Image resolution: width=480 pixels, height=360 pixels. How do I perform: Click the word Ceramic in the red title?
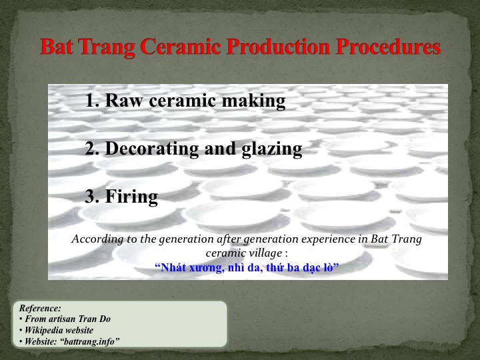181,47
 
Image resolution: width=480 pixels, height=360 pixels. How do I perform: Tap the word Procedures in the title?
388,47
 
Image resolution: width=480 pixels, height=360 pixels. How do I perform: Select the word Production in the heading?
278,47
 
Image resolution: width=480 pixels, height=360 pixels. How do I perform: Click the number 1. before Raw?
92,100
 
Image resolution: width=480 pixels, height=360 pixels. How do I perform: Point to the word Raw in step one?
124,100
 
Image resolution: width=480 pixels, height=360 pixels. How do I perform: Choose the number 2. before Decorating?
92,148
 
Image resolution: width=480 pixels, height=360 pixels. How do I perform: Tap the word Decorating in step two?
152,149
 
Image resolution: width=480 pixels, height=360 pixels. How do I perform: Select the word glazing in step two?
272,149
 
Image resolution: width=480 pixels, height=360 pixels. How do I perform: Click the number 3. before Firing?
92,196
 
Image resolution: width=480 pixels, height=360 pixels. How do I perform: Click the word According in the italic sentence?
97,239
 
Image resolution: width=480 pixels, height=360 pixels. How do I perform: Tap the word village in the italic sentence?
261,253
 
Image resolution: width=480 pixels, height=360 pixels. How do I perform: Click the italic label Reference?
40,308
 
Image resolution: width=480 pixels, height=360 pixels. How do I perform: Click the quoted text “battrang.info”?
90,341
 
